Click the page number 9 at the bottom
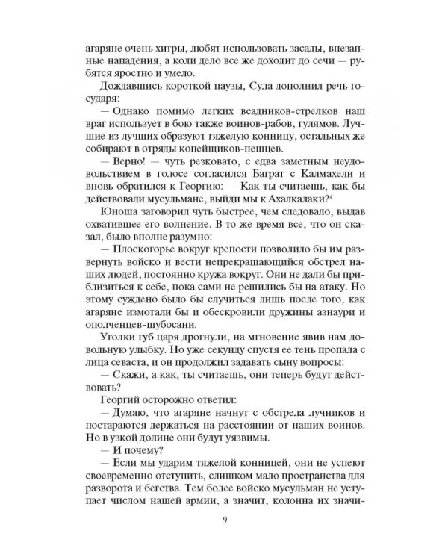[224, 520]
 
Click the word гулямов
[299, 125]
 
